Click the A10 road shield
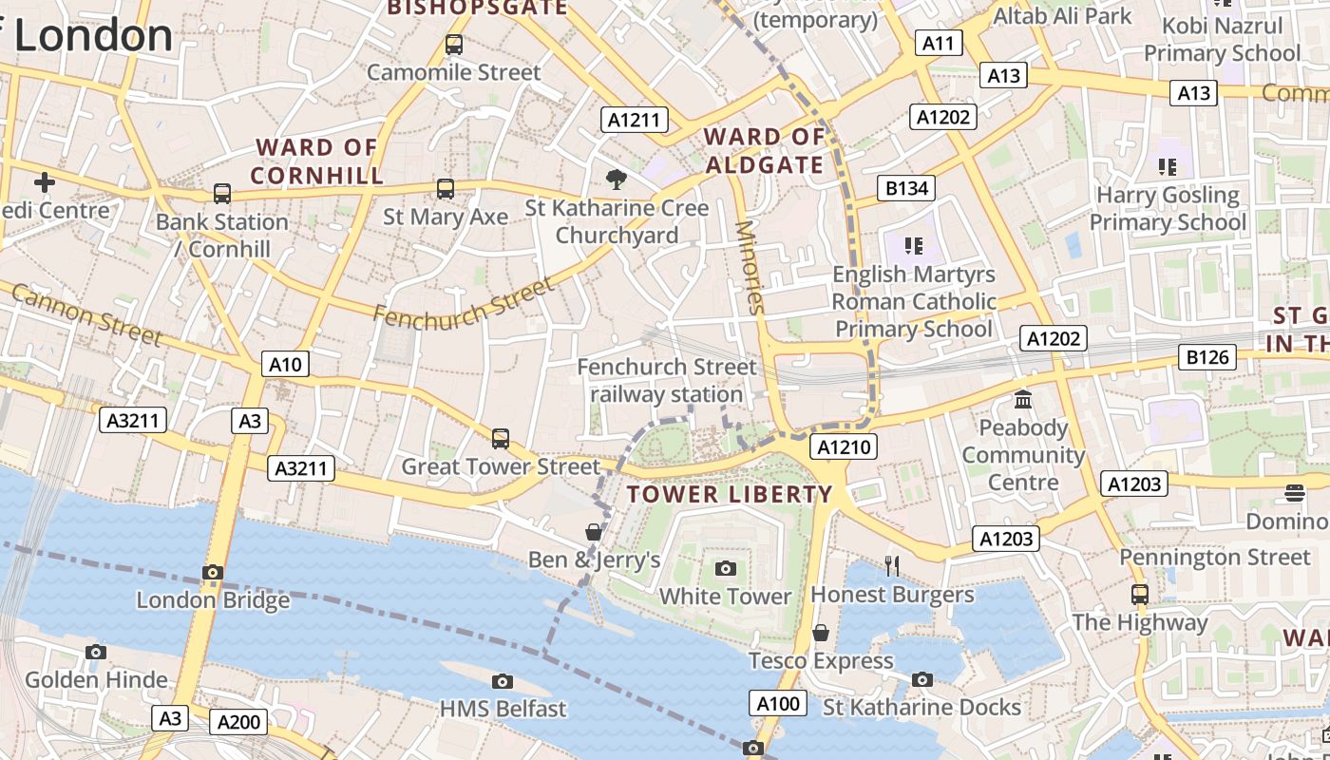click(x=285, y=364)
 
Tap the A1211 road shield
click(x=635, y=120)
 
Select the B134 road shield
click(x=906, y=188)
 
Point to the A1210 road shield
click(x=844, y=446)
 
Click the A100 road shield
click(x=779, y=703)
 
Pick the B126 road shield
click(x=1207, y=357)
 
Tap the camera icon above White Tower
click(x=726, y=568)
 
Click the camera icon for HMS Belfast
click(x=503, y=681)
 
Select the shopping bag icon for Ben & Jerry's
click(x=594, y=532)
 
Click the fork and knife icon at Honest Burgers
click(x=891, y=566)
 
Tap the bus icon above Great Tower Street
click(x=501, y=439)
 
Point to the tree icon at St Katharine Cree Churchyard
click(x=617, y=179)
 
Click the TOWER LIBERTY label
click(x=730, y=494)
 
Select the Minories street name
click(x=750, y=267)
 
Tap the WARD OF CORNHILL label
click(x=316, y=161)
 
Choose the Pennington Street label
click(x=1214, y=557)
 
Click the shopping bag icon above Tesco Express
click(x=821, y=633)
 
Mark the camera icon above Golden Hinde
click(x=95, y=652)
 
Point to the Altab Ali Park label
click(x=1062, y=16)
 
